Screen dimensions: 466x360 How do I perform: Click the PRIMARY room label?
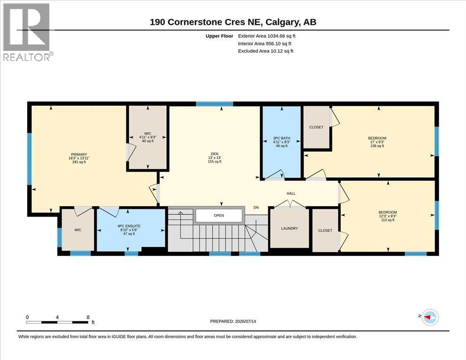pos(79,155)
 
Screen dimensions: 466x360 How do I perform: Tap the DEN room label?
pos(215,154)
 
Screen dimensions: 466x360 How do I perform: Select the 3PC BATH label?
pos(281,138)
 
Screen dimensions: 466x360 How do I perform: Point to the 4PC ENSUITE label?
pos(129,226)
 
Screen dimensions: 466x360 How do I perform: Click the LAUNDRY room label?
pos(289,228)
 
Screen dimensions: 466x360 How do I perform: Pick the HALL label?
pos(291,194)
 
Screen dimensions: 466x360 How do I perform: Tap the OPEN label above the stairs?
pos(219,216)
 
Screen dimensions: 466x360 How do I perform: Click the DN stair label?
pos(256,208)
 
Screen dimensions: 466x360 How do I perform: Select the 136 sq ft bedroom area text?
pos(377,146)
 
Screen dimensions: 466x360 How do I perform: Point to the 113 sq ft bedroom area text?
pos(388,220)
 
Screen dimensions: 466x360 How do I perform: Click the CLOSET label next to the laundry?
pos(325,230)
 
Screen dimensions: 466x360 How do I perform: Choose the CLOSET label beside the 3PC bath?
pos(316,127)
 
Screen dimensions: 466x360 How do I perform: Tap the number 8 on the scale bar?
pos(88,317)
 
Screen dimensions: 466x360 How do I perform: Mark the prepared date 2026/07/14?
pos(246,322)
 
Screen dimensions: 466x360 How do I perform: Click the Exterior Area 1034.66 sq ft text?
pos(267,36)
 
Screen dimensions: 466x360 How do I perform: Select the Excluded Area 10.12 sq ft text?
pos(266,51)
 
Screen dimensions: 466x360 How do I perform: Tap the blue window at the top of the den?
pos(214,104)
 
